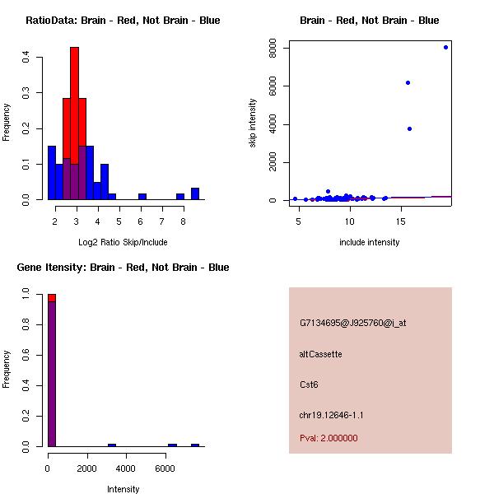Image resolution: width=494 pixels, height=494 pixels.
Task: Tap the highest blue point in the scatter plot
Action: (x=445, y=47)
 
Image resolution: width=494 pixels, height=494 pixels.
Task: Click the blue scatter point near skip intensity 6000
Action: (x=408, y=82)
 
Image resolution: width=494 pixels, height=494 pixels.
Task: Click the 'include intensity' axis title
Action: (x=369, y=242)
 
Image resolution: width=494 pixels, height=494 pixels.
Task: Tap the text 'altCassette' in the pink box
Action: (x=321, y=354)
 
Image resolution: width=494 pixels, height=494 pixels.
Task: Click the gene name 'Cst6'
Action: (x=309, y=384)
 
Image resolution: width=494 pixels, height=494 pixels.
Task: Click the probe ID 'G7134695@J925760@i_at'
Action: (x=352, y=323)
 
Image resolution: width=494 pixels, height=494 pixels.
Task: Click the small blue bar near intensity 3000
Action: (x=112, y=445)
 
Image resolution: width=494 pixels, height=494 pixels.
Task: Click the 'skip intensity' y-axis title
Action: (x=253, y=123)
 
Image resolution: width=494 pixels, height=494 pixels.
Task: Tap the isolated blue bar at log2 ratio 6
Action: (x=142, y=196)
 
